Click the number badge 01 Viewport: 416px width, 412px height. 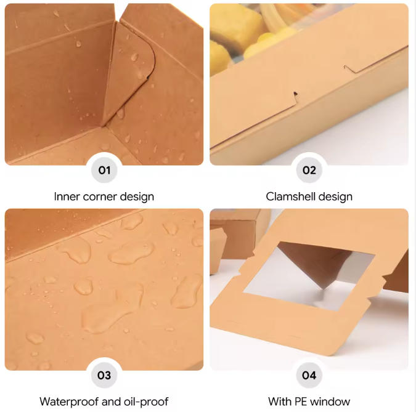(x=104, y=170)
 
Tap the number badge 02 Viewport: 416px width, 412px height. (x=309, y=170)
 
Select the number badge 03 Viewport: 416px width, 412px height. (x=104, y=375)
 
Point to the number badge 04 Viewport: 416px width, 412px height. (x=309, y=375)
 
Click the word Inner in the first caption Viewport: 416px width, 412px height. (x=67, y=196)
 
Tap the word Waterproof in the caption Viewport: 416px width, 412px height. (x=69, y=402)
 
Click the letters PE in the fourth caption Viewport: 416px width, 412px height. (x=301, y=402)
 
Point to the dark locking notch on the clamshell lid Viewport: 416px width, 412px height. (x=295, y=94)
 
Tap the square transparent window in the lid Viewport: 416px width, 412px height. (x=309, y=276)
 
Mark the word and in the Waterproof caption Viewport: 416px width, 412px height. (x=111, y=402)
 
